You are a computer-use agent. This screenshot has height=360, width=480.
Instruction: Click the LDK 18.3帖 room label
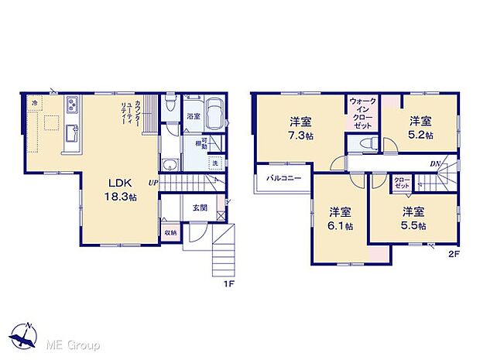pyautogui.click(x=122, y=190)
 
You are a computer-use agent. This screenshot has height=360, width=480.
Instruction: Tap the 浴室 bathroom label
pyautogui.click(x=193, y=116)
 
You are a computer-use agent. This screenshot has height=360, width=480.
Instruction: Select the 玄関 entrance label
pyautogui.click(x=199, y=207)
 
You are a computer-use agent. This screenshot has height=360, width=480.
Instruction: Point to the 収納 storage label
pyautogui.click(x=170, y=232)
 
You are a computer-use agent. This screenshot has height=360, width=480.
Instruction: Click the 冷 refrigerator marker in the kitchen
pyautogui.click(x=35, y=101)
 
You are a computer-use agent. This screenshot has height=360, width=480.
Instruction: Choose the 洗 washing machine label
pyautogui.click(x=214, y=163)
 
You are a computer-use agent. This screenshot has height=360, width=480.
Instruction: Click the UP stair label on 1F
pyautogui.click(x=153, y=183)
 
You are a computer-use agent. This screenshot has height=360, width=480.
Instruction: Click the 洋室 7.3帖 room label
pyautogui.click(x=301, y=128)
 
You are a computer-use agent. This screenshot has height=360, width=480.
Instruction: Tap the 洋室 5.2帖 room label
pyautogui.click(x=421, y=128)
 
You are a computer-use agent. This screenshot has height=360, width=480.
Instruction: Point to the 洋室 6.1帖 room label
pyautogui.click(x=339, y=218)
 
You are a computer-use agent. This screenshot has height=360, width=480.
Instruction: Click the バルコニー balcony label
pyautogui.click(x=283, y=179)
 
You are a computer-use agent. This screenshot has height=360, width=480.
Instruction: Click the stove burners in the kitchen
pyautogui.click(x=72, y=105)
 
